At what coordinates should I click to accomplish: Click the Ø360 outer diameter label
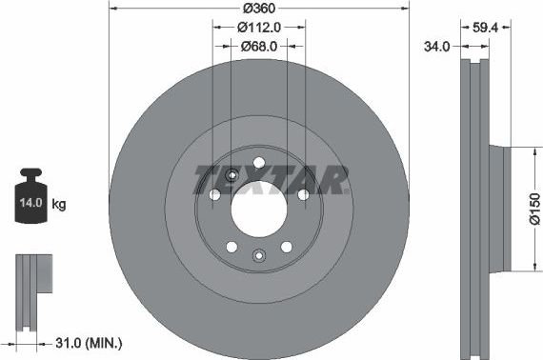point(259,8)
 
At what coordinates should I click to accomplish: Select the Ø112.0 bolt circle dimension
point(258,28)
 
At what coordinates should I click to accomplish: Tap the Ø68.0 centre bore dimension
point(258,46)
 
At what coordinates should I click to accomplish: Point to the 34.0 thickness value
point(438,46)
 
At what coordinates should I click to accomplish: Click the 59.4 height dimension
point(487,28)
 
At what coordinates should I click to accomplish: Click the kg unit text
point(58,204)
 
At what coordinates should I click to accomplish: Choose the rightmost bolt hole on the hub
point(303,194)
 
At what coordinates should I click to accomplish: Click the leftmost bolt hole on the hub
point(214,194)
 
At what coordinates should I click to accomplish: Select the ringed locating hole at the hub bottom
point(258,254)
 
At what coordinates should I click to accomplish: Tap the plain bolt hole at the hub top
point(258,160)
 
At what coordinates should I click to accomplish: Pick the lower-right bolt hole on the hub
point(286,247)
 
